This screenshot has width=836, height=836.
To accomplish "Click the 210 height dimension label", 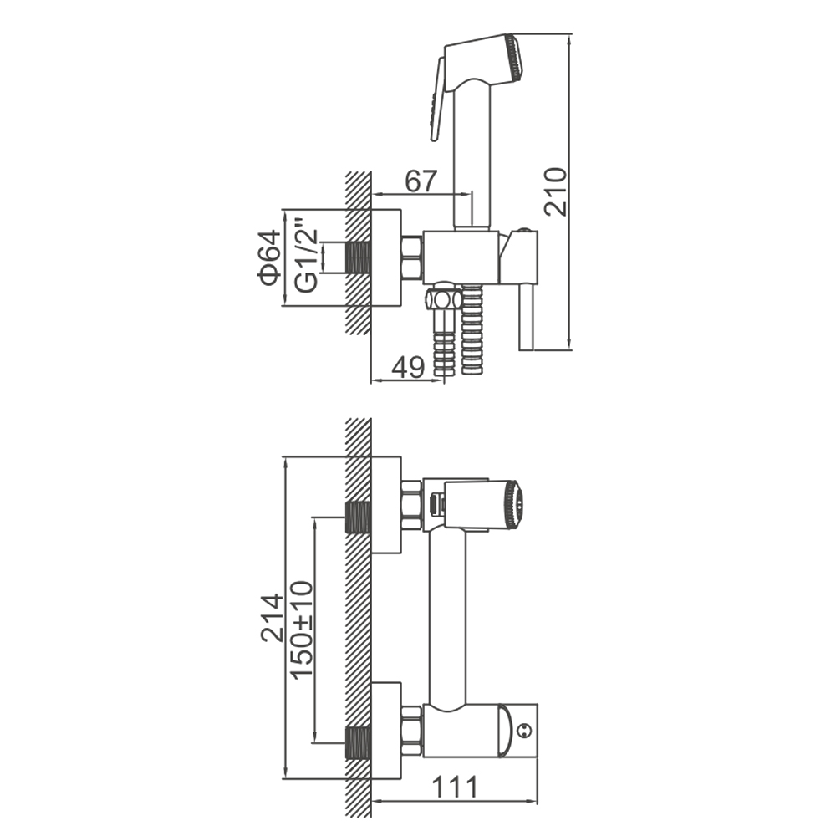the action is (x=556, y=191).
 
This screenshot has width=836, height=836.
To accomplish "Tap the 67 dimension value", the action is (x=421, y=181).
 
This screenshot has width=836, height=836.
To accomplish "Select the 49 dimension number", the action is (x=408, y=367).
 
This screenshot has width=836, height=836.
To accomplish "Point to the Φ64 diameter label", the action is (x=268, y=257).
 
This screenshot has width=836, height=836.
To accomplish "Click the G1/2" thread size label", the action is (x=306, y=254).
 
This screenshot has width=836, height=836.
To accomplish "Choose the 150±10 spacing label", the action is (x=302, y=630).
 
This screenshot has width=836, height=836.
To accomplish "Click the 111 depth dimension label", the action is (x=455, y=787).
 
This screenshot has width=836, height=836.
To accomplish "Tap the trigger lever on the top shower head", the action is (x=438, y=99).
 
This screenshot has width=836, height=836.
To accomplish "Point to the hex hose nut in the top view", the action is (x=444, y=299).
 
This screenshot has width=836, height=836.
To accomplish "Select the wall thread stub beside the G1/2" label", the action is (x=359, y=258).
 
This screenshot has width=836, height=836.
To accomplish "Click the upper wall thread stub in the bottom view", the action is (x=359, y=517).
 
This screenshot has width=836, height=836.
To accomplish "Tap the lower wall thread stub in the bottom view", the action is (x=359, y=743).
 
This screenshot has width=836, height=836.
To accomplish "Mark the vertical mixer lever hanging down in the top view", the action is (x=528, y=317).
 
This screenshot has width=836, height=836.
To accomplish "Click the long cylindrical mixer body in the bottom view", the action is (x=447, y=618).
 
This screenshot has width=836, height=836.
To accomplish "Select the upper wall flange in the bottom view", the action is (x=386, y=506).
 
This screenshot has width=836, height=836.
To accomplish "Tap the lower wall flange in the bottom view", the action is (x=386, y=731).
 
